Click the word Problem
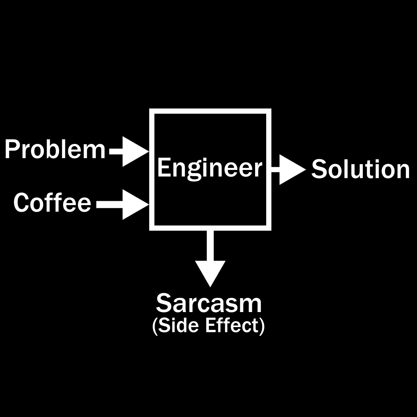[x=55, y=150]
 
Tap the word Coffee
[x=52, y=203]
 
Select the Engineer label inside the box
[x=210, y=169]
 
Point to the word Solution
[x=360, y=170]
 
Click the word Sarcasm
[x=208, y=303]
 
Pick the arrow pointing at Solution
[x=288, y=170]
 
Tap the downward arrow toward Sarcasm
[x=210, y=261]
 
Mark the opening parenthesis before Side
[x=155, y=326]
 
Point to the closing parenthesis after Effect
[x=262, y=326]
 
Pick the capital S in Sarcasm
[x=164, y=303]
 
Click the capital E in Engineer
[x=164, y=168]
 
